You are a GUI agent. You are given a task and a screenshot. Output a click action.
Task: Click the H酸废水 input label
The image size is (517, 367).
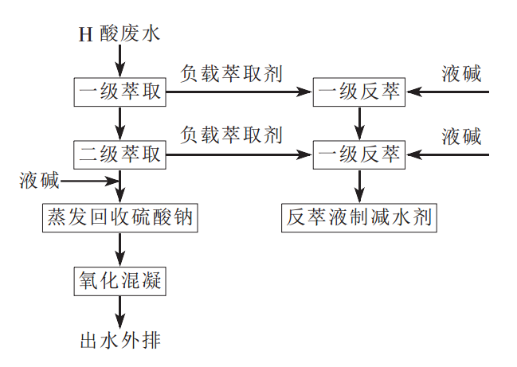click(x=119, y=33)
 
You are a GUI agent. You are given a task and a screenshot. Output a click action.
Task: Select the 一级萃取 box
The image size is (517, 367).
click(x=120, y=92)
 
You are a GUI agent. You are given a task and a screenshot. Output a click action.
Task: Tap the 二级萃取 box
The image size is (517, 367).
click(x=120, y=154)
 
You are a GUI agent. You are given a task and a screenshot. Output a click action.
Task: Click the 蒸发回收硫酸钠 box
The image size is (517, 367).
click(x=119, y=217)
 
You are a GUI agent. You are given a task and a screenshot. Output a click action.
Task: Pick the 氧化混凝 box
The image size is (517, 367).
click(x=120, y=279)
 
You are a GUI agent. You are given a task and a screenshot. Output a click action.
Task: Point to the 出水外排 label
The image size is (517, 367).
click(x=121, y=341)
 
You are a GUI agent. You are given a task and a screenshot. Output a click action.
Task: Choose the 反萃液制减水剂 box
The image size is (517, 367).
click(x=359, y=217)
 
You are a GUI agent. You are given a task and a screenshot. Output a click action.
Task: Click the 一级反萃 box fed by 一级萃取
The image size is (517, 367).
click(x=359, y=92)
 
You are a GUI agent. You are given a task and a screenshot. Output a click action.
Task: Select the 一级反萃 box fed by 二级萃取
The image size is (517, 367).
click(x=359, y=154)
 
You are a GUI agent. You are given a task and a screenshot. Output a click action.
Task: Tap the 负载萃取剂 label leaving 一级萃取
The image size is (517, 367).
click(x=232, y=74)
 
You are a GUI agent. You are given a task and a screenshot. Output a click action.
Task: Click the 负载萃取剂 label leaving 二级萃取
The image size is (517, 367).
click(x=232, y=135)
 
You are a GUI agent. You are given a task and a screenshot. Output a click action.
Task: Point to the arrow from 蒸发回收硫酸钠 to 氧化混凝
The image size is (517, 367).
click(x=120, y=248)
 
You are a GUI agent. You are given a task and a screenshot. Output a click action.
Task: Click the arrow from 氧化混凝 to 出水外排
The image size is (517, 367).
click(x=120, y=310)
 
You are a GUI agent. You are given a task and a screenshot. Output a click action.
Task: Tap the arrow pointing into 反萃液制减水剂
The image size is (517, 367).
click(x=359, y=185)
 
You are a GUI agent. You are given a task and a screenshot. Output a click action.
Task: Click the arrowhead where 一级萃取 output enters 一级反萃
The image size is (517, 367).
click(x=307, y=92)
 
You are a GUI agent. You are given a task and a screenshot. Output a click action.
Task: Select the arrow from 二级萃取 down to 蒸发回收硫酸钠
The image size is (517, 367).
click(x=120, y=185)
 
